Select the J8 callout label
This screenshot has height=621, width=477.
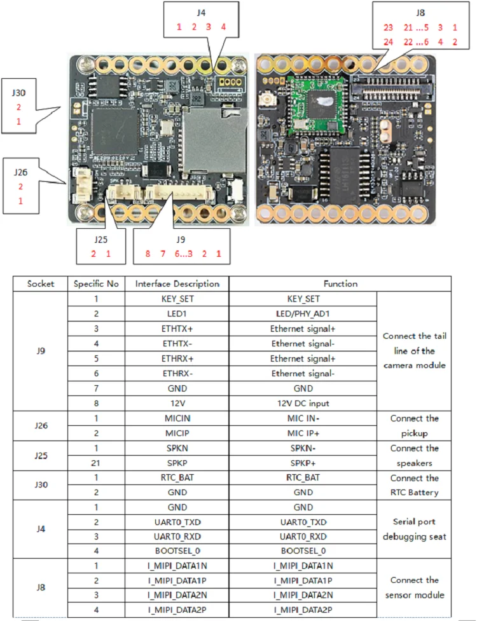tap(420, 11)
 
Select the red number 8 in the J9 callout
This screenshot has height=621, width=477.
tap(147, 254)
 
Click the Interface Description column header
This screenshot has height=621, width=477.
tap(177, 284)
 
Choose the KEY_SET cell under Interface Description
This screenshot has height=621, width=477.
tap(177, 299)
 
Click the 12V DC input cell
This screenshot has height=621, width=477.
tap(303, 403)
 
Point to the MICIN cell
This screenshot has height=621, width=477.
tap(177, 418)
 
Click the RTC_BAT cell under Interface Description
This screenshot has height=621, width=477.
tap(177, 478)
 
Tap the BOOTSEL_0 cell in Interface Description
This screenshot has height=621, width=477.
tap(177, 550)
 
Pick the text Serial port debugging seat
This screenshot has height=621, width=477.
tap(414, 529)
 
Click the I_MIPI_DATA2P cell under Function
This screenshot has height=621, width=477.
tap(303, 610)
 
